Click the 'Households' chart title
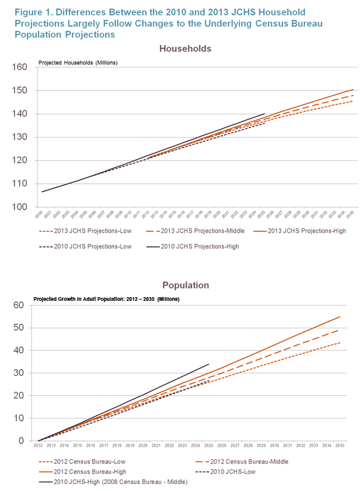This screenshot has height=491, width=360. (x=185, y=48)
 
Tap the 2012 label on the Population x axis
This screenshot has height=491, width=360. (x=39, y=446)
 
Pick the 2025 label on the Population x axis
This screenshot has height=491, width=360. (x=209, y=446)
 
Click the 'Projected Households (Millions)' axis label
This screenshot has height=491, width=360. (x=77, y=63)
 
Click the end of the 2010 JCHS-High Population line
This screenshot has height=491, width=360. (x=209, y=364)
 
